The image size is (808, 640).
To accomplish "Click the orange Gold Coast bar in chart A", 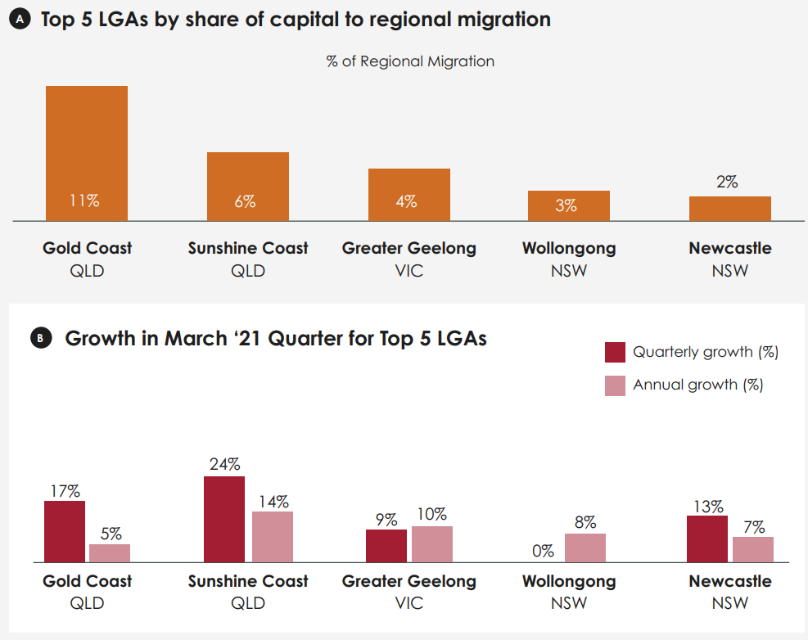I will click(x=86, y=153).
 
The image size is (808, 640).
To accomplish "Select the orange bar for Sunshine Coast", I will click(x=247, y=186).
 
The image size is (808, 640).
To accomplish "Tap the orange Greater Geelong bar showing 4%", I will click(x=409, y=194).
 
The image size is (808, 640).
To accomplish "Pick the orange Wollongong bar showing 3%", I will click(x=568, y=205).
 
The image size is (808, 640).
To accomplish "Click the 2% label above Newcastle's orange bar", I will click(x=727, y=183).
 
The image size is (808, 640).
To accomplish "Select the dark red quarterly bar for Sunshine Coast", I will click(x=223, y=519).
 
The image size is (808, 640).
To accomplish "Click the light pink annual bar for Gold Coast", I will click(x=110, y=553).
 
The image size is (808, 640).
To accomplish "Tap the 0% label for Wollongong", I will click(x=543, y=551).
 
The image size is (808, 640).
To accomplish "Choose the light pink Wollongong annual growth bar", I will click(x=585, y=548).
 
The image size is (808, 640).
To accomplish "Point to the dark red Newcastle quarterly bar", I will click(x=707, y=539).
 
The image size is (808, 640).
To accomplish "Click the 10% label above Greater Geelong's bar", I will click(x=431, y=514).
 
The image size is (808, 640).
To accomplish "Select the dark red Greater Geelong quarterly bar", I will click(x=386, y=545).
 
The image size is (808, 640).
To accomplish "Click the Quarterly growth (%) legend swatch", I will click(x=615, y=352).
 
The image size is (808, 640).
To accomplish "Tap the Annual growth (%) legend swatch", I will click(x=615, y=385).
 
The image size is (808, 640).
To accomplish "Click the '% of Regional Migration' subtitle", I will click(x=410, y=61).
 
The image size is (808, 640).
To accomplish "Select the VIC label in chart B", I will click(x=409, y=604).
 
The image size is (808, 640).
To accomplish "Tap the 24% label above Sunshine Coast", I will click(x=224, y=464).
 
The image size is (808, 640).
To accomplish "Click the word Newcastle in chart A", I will click(x=729, y=248).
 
